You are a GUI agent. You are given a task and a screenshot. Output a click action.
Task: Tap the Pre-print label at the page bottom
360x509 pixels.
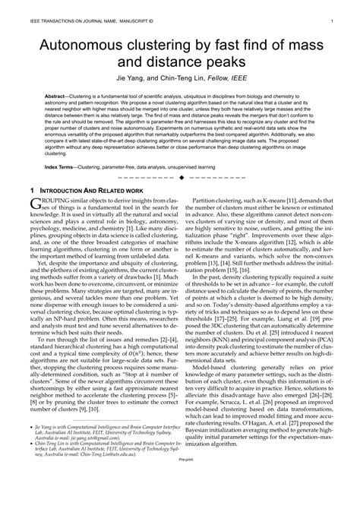180,503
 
